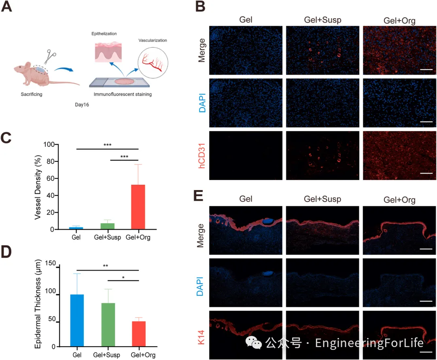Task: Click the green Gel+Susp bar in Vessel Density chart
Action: point(107,226)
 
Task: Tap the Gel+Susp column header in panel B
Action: point(322,20)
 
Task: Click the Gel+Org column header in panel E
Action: point(399,200)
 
